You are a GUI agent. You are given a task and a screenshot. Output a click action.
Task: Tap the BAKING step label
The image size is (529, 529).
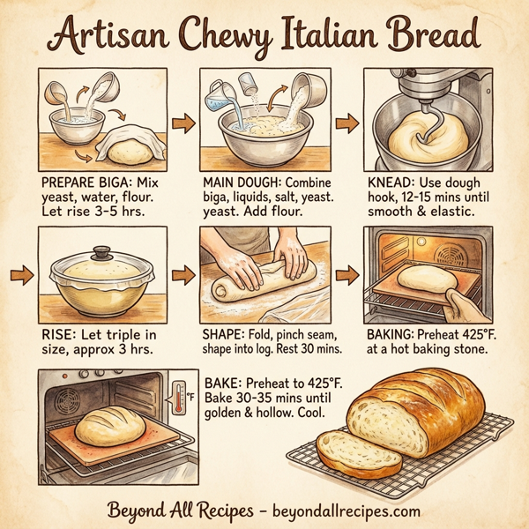pyautogui.click(x=393, y=336)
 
